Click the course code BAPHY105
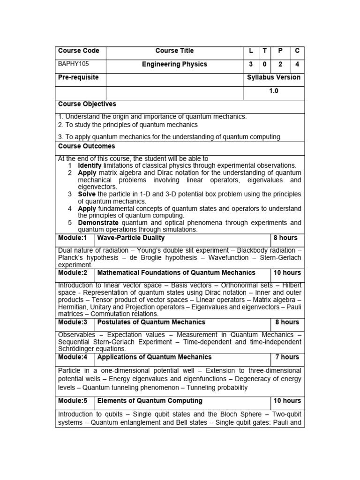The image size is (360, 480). [x=72, y=64]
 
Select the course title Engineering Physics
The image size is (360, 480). [x=174, y=64]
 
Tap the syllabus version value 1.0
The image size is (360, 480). [x=274, y=91]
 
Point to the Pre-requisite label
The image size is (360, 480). [x=78, y=77]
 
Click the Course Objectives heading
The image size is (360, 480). [x=87, y=104]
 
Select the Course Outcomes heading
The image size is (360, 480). [x=86, y=146]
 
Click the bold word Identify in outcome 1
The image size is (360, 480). [x=90, y=165]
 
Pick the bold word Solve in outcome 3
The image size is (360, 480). [x=87, y=194]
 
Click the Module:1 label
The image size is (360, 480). [x=73, y=238]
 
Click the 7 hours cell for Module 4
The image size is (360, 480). [x=287, y=357]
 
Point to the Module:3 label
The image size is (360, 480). [x=73, y=322]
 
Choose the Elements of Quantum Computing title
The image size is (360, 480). [x=150, y=401]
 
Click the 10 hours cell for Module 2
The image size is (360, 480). [x=287, y=272]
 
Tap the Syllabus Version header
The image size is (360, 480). [x=274, y=77]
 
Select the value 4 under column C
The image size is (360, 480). [x=297, y=64]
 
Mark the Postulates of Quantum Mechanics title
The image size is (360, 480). [x=151, y=322]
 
